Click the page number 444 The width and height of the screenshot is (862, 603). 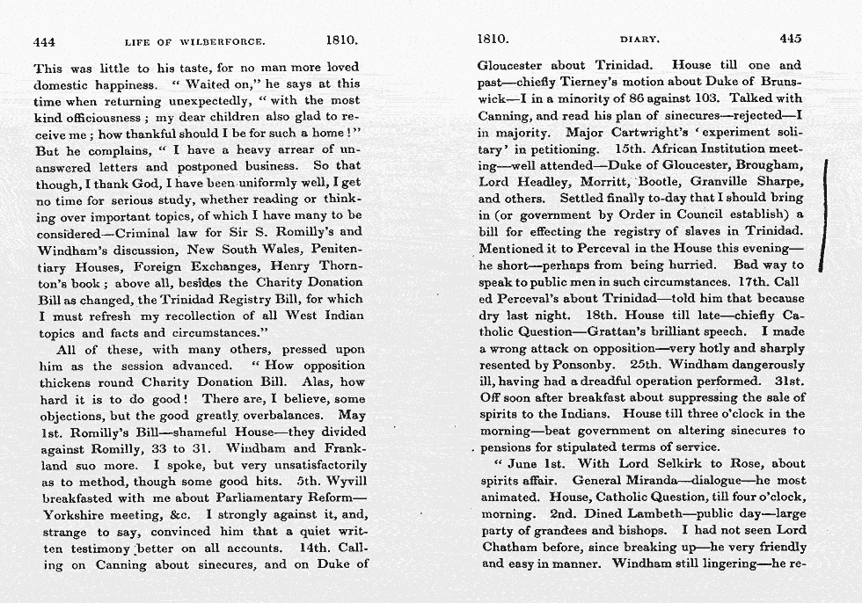click(44, 40)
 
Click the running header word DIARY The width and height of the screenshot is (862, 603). click(639, 40)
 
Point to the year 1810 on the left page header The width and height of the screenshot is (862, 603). click(340, 40)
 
